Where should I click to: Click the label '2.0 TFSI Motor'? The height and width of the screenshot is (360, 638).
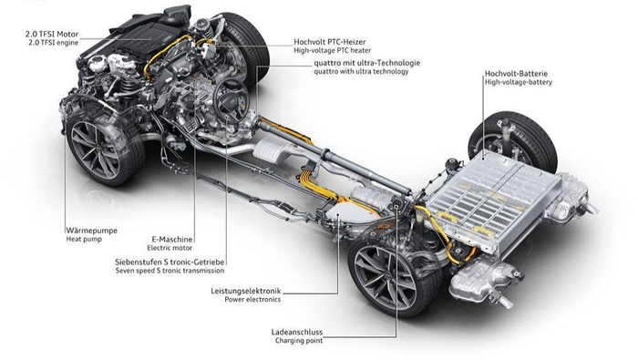point(52,34)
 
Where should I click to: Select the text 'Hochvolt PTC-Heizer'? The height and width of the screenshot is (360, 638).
point(330,42)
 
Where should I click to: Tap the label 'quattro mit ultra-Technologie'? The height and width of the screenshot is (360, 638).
point(366,63)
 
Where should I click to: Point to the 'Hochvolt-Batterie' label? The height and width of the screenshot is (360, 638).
point(516,74)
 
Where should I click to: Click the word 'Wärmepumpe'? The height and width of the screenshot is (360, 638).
point(91,231)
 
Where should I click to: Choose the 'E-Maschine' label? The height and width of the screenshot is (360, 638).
point(171,240)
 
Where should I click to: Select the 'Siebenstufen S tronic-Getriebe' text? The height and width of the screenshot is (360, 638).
point(170,262)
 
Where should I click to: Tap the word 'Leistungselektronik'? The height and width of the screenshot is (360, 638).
point(246,291)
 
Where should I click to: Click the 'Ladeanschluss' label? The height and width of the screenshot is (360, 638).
point(296,333)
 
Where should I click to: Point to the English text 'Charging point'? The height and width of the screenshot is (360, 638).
point(299,341)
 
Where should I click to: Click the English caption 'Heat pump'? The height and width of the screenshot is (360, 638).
point(84,239)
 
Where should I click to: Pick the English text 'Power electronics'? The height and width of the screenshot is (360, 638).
point(252,299)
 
